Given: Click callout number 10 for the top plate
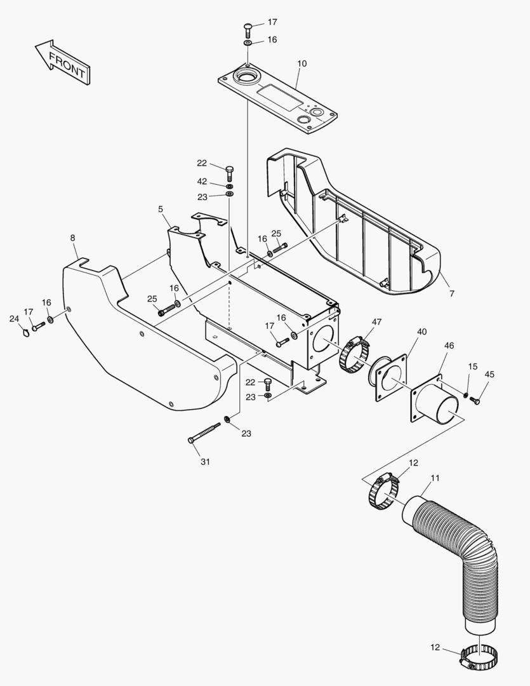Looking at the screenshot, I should tap(301, 64).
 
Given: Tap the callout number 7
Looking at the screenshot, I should tap(451, 293).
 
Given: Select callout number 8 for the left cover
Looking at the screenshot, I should tap(72, 238).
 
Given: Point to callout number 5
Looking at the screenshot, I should tap(161, 209).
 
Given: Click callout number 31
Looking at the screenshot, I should tap(205, 462).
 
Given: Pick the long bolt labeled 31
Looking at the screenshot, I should tap(204, 434).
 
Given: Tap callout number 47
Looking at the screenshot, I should tap(377, 322).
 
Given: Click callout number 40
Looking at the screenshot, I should tap(422, 332).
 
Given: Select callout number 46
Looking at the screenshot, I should tap(449, 346).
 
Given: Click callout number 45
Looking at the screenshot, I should tap(489, 374).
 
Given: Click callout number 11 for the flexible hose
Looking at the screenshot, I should tap(435, 478).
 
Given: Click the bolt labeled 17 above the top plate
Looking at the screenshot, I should tap(248, 28).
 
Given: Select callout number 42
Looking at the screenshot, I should tap(202, 182).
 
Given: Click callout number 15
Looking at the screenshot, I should tap(472, 367).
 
